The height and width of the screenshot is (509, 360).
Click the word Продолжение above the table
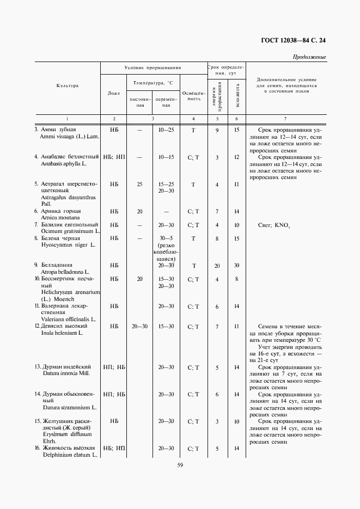(x=309, y=57)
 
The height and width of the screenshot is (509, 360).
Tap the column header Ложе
(x=114, y=93)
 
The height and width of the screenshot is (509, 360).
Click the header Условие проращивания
(x=152, y=68)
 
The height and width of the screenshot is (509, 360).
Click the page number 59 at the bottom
(x=180, y=464)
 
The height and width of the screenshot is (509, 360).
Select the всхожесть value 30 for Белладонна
(x=236, y=265)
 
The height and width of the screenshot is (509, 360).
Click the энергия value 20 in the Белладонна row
(x=217, y=265)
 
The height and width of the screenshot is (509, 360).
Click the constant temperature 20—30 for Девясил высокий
(x=140, y=326)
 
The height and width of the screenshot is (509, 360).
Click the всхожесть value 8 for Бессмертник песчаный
(x=236, y=279)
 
